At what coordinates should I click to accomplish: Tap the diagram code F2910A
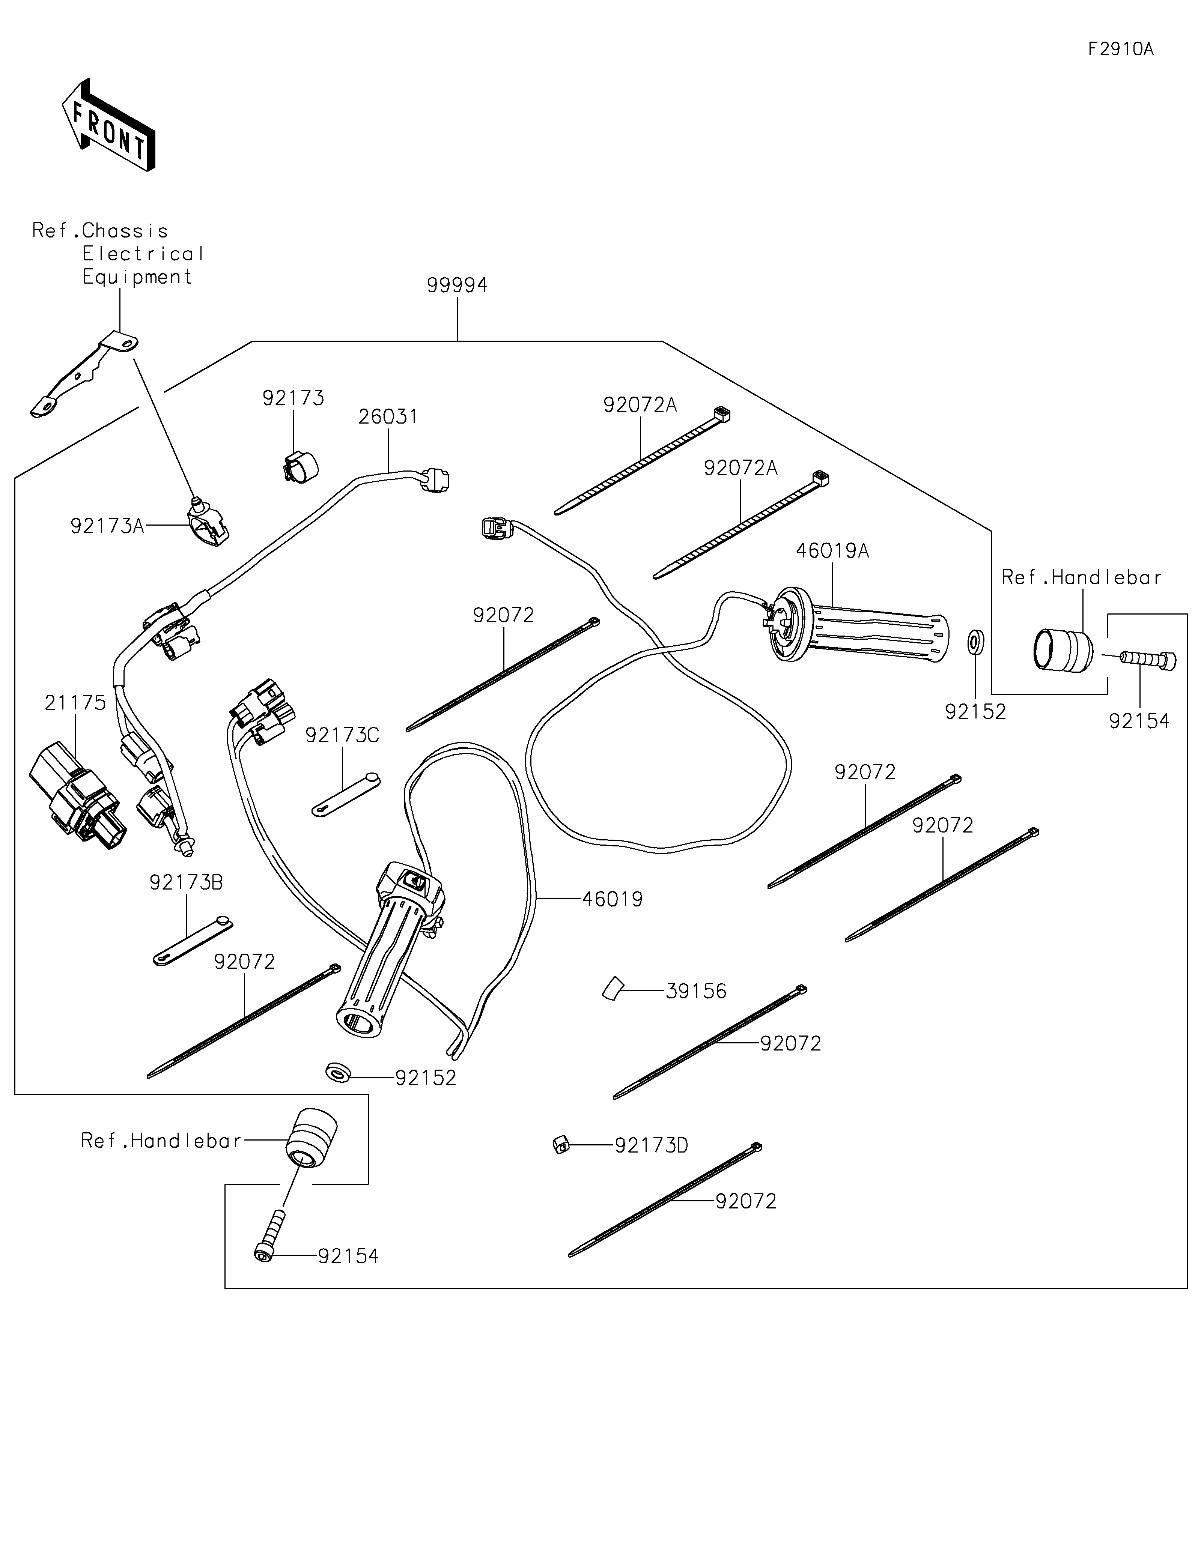[x=1121, y=49]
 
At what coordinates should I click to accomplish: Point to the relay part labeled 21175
[x=76, y=792]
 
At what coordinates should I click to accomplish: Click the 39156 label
[x=696, y=991]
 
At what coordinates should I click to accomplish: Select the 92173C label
[x=342, y=735]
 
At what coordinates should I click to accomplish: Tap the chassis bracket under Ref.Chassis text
[x=84, y=375]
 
